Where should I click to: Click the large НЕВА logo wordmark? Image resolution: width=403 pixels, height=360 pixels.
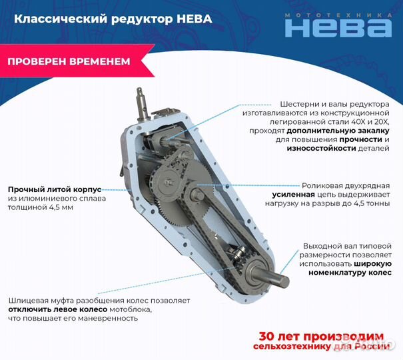point(338,27)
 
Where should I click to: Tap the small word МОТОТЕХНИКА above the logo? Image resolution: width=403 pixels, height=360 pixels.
point(338,13)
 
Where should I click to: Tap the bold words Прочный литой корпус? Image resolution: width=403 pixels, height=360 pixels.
point(55,189)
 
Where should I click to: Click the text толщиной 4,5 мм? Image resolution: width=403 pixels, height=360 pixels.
point(41,207)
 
